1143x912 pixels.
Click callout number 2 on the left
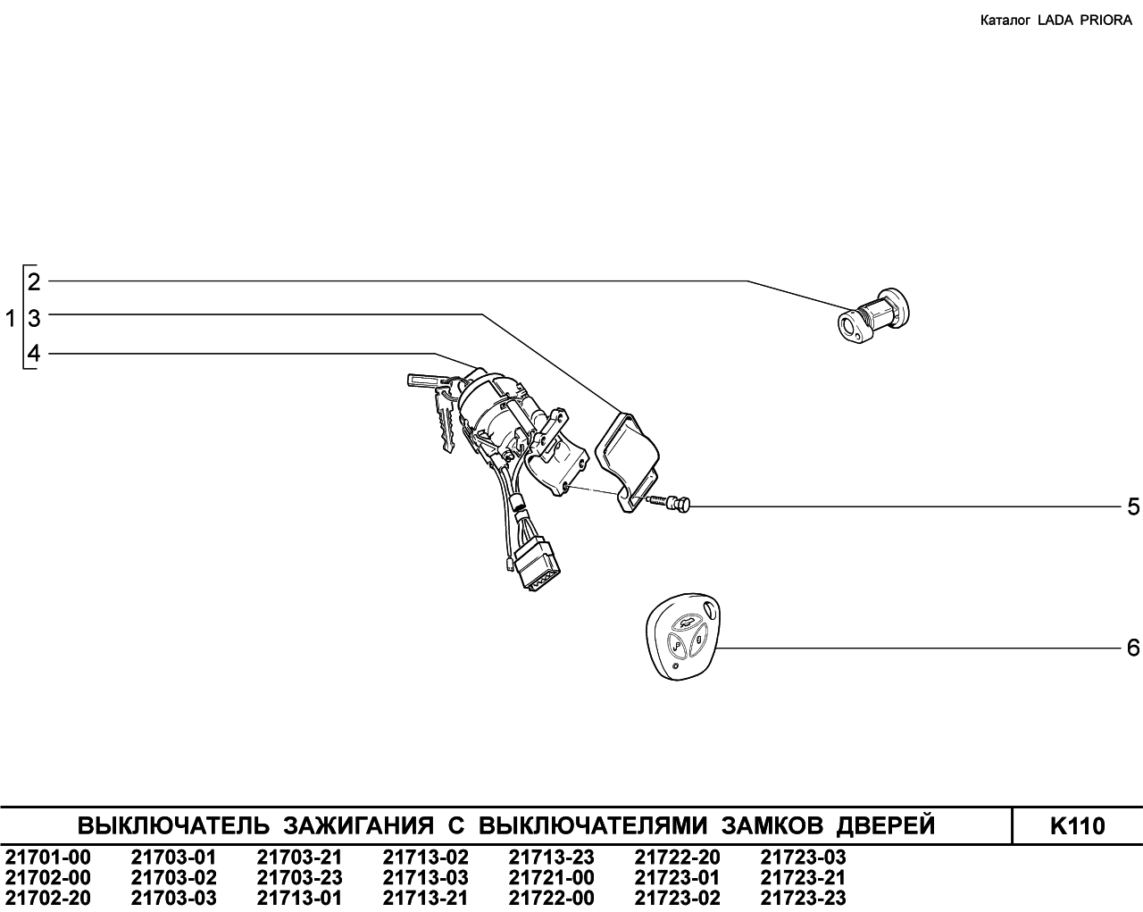[x=34, y=282]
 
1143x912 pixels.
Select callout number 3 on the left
[x=34, y=319]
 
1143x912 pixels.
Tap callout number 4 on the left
[x=34, y=354]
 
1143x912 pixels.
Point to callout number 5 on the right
[x=1133, y=507]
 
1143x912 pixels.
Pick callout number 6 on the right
[x=1133, y=648]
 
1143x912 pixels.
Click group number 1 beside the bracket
[x=11, y=319]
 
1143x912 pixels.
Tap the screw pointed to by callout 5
[x=669, y=502]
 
